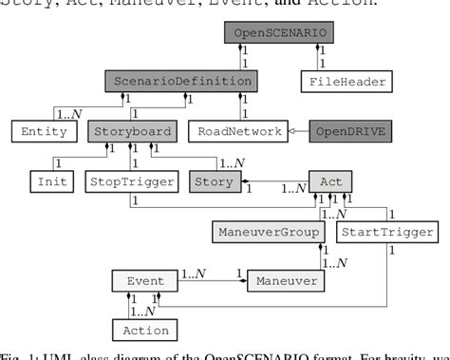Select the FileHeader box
pos(347,82)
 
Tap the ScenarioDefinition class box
pos(180,82)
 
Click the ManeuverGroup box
pos(268,232)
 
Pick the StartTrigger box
pos(387,232)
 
